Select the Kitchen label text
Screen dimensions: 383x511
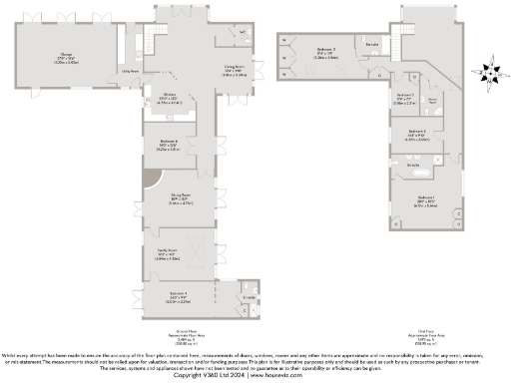coord(171,99)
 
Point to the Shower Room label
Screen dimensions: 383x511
coord(434,101)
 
